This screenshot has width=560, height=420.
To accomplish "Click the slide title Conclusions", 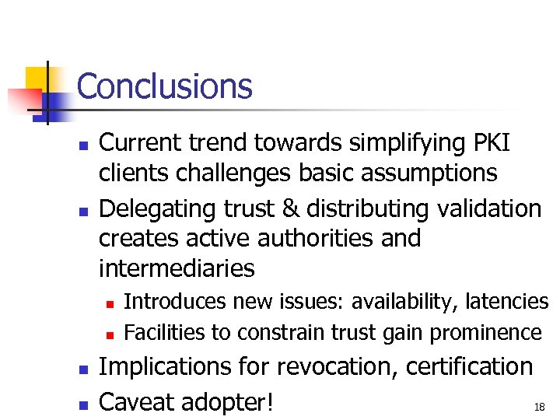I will (165, 86).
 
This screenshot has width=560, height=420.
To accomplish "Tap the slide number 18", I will (539, 407).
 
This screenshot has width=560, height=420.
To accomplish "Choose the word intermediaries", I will (177, 268).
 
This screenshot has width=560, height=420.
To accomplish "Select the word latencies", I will (506, 302).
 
